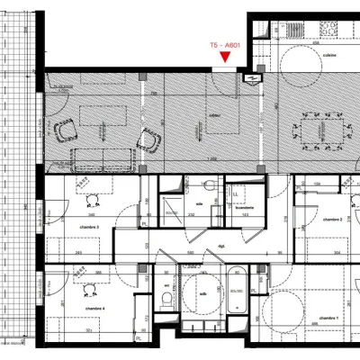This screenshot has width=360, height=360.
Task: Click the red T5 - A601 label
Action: pyautogui.click(x=224, y=43)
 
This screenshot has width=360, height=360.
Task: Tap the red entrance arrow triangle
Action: pyautogui.click(x=224, y=58)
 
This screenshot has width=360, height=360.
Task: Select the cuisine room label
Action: pyautogui.click(x=328, y=55)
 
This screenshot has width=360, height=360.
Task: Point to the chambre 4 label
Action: pyautogui.click(x=94, y=309)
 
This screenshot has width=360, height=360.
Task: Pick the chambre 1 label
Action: pyautogui.click(x=329, y=319)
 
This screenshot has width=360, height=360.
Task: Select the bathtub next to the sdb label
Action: pyautogui.click(x=237, y=290)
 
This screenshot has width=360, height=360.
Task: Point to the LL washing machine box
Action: pyautogui.click(x=237, y=193)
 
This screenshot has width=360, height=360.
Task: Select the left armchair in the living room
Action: pyautogui.click(x=64, y=132)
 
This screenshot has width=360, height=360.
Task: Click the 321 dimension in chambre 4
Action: pyautogui.click(x=89, y=331)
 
